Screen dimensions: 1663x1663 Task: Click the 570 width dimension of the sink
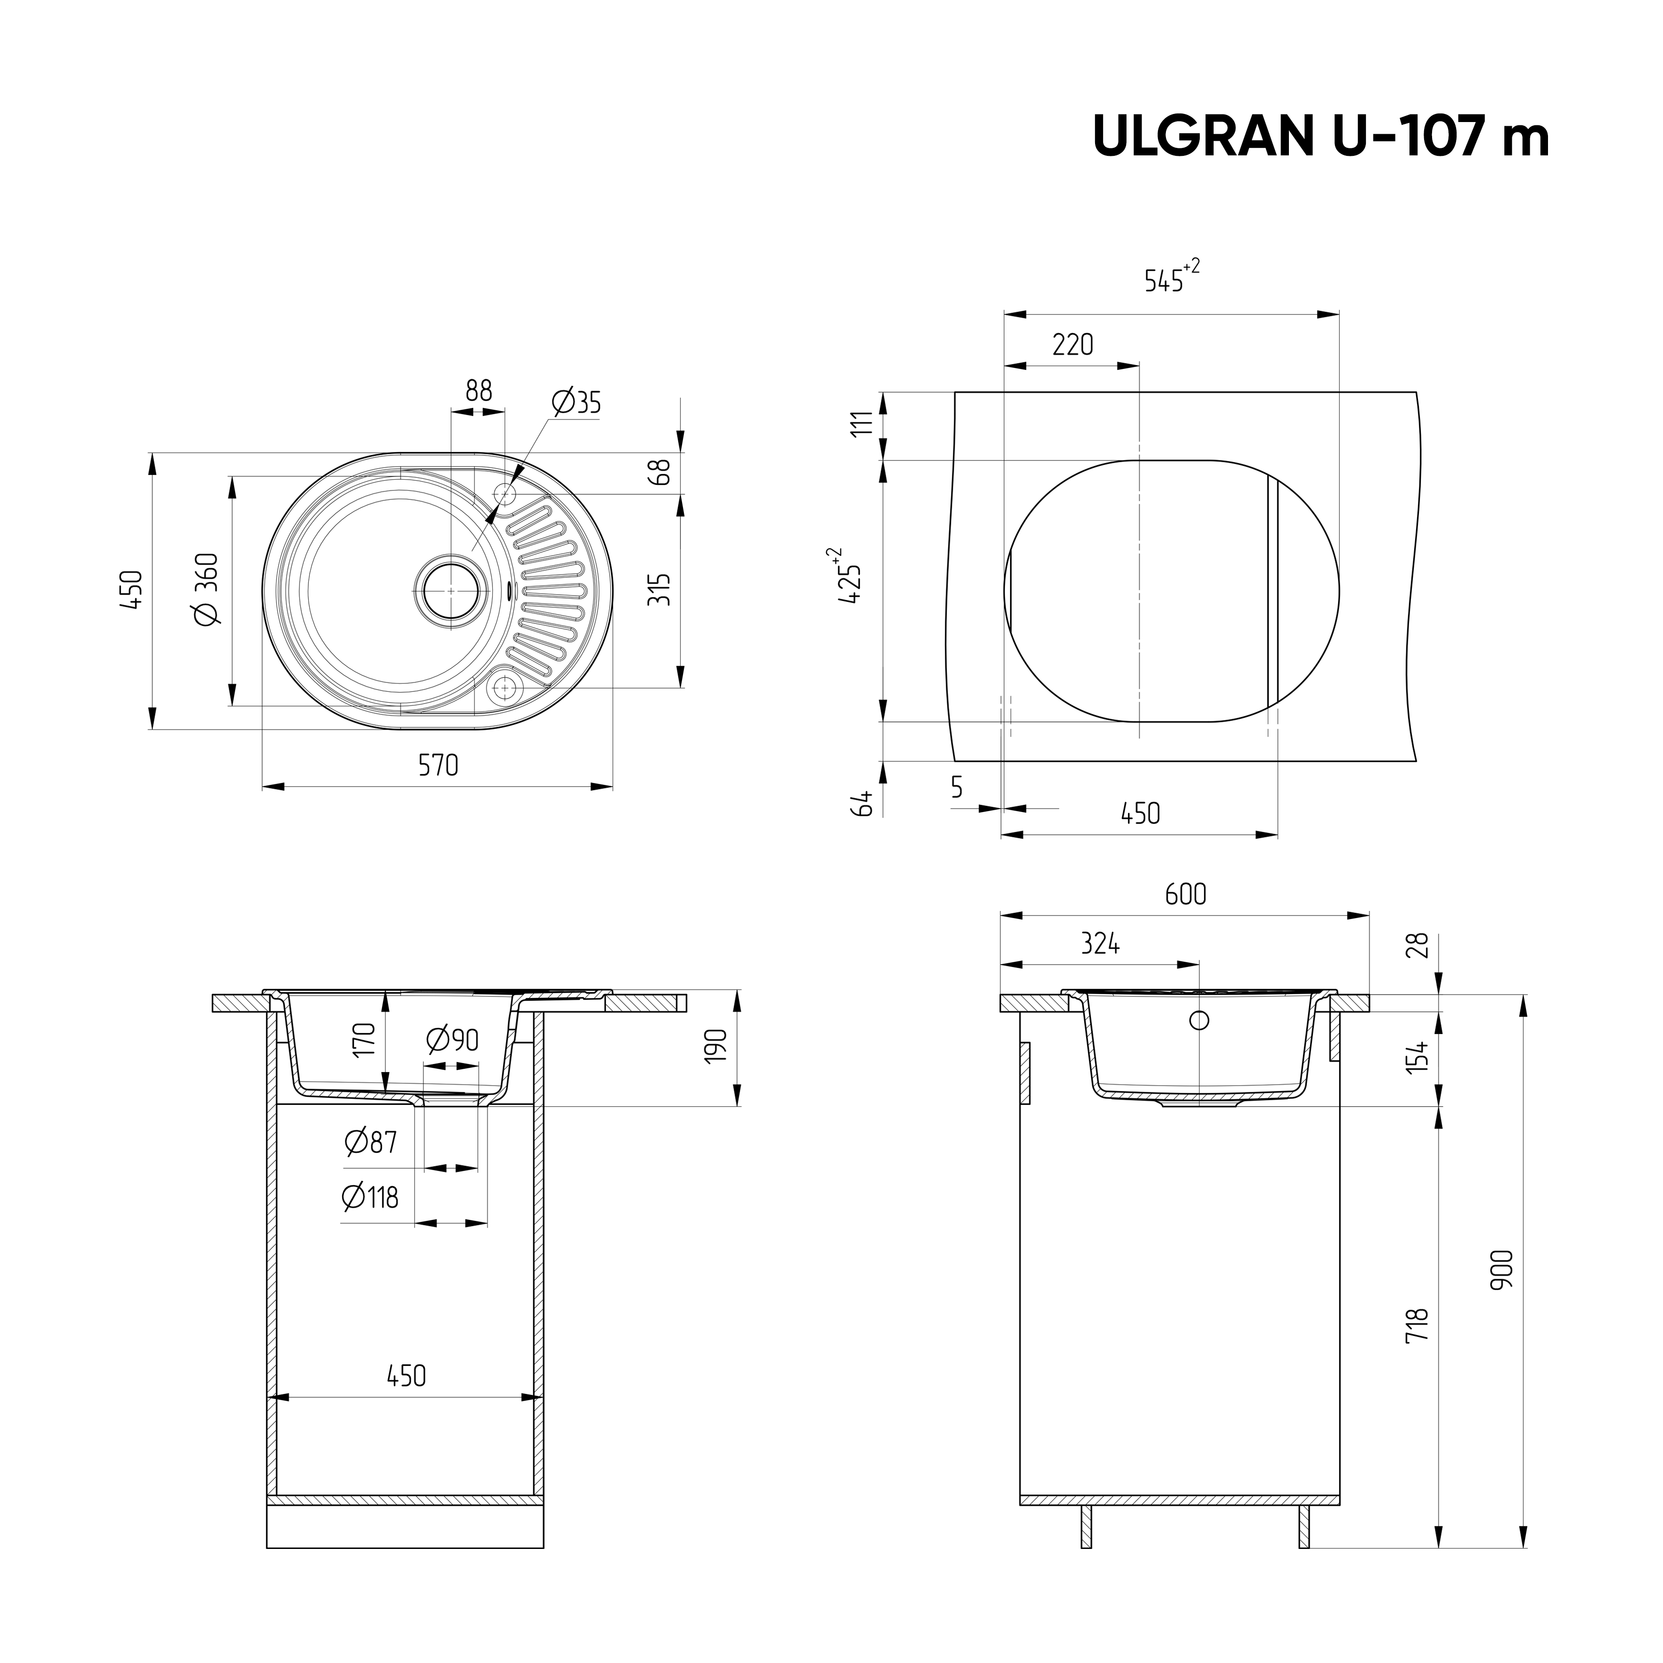click(438, 764)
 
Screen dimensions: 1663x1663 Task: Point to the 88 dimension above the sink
click(479, 391)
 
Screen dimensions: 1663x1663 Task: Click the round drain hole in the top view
click(449, 590)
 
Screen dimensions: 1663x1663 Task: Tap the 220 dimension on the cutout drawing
click(1073, 345)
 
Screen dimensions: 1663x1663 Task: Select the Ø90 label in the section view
click(453, 1041)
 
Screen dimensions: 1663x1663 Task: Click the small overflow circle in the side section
click(1198, 1021)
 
